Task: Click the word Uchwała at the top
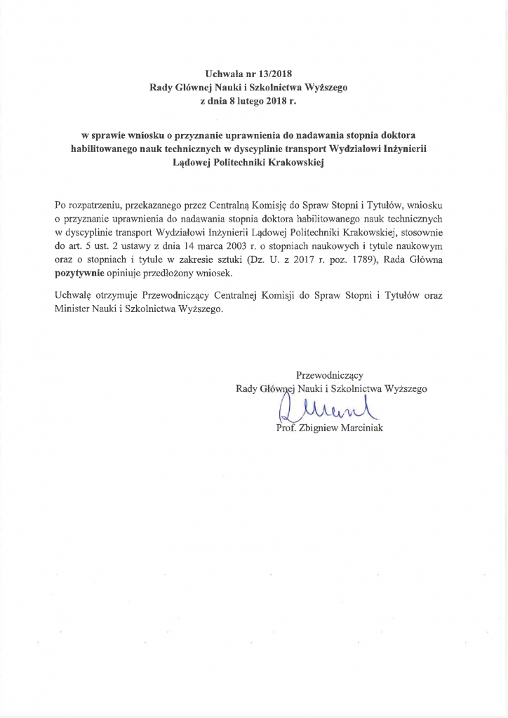click(223, 73)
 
